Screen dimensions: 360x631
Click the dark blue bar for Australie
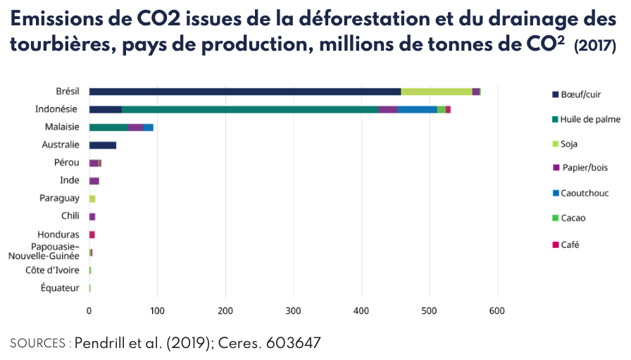[x=103, y=145]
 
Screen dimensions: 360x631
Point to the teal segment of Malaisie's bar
[x=108, y=128]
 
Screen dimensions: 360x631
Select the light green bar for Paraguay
[x=92, y=199]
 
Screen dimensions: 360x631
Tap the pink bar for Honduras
[x=92, y=235]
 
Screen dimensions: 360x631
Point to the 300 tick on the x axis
[x=294, y=311]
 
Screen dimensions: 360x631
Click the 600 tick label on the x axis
[x=498, y=311]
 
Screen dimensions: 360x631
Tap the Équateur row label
[x=60, y=287]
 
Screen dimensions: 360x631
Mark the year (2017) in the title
[x=595, y=46]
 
